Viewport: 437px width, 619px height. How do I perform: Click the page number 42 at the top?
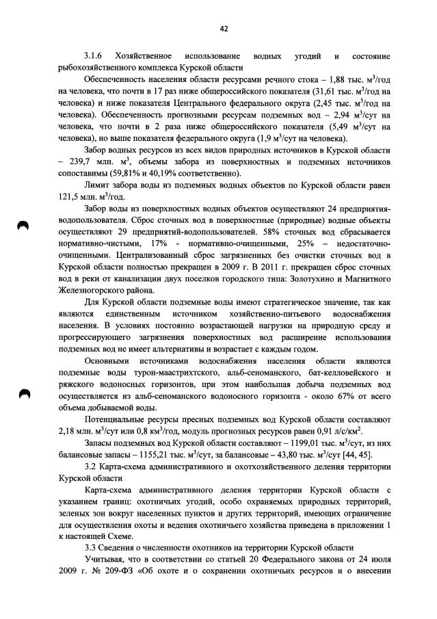tap(224, 28)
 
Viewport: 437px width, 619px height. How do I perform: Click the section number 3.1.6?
tap(94, 55)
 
